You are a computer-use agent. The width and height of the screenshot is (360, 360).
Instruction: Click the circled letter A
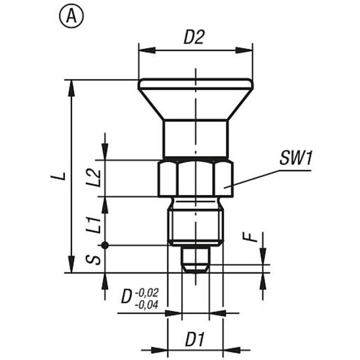(71, 17)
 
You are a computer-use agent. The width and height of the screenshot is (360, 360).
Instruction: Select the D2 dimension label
(194, 37)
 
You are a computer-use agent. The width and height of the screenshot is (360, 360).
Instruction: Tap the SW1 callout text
(296, 158)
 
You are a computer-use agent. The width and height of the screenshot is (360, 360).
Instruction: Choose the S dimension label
(93, 260)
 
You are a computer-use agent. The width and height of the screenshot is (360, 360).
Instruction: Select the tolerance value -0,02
(147, 293)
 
